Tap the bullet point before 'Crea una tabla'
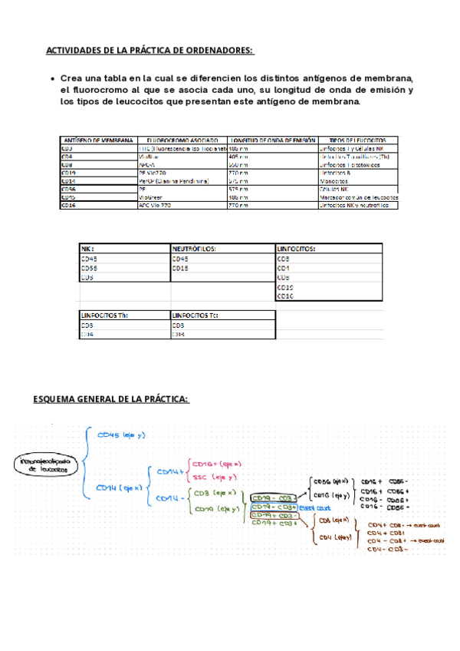51,79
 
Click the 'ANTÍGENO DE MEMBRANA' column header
97,140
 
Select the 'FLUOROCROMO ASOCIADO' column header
181,140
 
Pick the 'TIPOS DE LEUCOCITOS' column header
357,140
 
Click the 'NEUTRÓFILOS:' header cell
195,249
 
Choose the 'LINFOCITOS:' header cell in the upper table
296,249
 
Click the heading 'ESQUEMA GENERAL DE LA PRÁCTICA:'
111,400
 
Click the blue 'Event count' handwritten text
315,507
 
